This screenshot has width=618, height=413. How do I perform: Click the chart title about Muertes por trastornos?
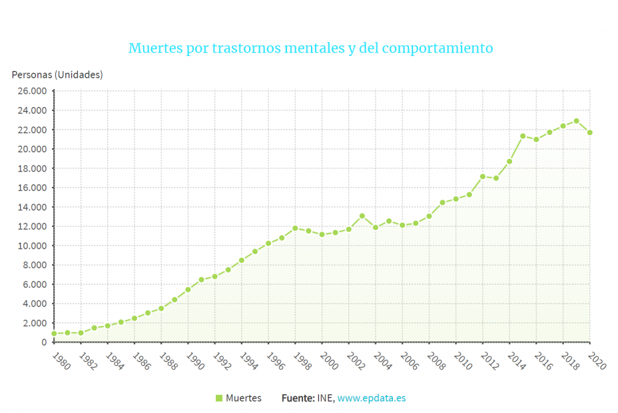(310, 49)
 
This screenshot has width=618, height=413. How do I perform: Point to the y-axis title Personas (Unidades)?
(57, 74)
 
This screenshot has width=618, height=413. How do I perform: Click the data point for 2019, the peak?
(576, 121)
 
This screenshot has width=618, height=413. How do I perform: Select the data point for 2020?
(589, 132)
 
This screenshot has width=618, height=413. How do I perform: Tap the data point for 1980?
(54, 333)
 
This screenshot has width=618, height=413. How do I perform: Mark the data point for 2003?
(362, 215)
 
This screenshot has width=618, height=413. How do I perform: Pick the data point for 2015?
(523, 136)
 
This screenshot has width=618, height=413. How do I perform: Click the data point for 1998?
(295, 228)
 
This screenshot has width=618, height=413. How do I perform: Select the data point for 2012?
(482, 176)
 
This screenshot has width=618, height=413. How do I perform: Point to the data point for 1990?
(188, 289)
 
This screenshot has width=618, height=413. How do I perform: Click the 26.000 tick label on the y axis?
(33, 91)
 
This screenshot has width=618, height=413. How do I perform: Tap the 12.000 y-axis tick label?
(33, 226)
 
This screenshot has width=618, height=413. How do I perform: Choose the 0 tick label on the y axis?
(43, 342)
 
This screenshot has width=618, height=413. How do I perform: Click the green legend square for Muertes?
(218, 398)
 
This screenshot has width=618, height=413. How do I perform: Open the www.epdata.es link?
(371, 398)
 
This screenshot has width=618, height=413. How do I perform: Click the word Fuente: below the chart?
(298, 398)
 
